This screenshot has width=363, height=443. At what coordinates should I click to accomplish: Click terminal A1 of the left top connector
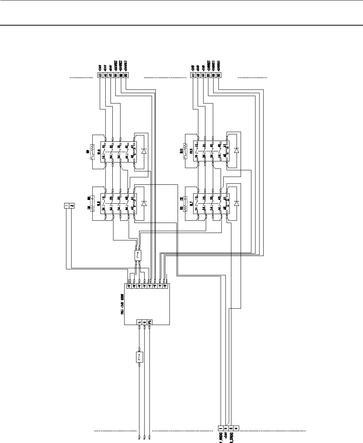[100, 75]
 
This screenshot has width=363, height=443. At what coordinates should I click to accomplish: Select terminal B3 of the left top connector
[126, 75]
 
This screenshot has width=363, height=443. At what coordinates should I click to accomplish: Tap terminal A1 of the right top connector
[193, 75]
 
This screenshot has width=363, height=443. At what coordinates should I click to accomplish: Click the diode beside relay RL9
[144, 151]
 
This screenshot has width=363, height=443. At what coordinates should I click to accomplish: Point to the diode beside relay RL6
[144, 203]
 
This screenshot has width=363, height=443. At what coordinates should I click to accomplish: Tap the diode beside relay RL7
[237, 203]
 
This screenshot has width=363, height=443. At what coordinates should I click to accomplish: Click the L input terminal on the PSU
[139, 322]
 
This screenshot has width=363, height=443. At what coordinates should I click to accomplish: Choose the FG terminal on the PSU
[149, 322]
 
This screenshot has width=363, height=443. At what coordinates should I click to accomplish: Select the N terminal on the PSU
[144, 322]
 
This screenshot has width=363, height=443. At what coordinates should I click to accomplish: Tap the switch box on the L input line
[139, 357]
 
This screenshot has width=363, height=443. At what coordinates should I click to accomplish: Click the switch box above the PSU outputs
[138, 255]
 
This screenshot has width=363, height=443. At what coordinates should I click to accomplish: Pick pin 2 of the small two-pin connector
[72, 206]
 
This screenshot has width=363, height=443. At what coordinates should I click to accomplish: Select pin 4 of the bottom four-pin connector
[236, 427]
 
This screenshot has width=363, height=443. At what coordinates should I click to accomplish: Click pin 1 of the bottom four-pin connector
[221, 427]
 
